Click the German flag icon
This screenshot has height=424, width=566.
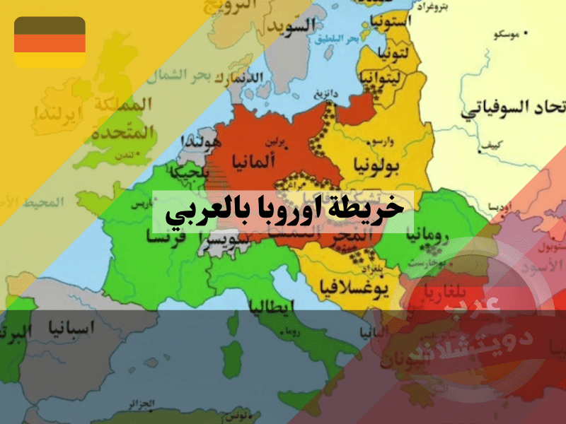[x=50, y=42]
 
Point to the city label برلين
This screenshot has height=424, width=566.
[x=279, y=141]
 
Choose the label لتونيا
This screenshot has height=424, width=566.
[x=391, y=52]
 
